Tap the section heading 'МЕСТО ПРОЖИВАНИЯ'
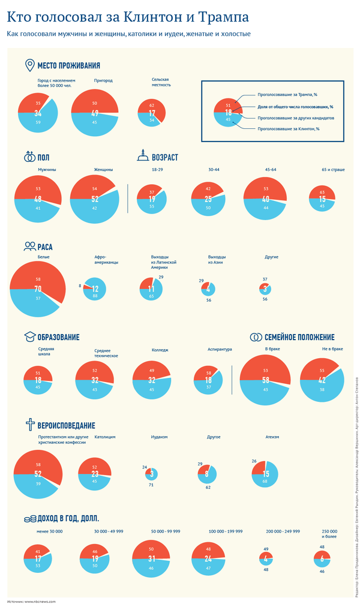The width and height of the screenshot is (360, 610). (x=68, y=66)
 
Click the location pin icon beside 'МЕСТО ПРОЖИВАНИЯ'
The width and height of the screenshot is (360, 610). (x=29, y=65)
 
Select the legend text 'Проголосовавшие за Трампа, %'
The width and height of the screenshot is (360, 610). (x=287, y=95)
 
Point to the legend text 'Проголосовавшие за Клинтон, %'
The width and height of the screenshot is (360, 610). (x=288, y=128)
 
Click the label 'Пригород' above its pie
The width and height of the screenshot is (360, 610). (x=103, y=80)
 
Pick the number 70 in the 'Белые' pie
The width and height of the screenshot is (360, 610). (x=38, y=289)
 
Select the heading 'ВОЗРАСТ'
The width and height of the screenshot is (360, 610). (x=165, y=158)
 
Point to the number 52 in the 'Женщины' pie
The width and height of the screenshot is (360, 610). (x=95, y=199)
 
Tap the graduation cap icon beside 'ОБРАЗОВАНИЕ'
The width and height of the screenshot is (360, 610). (x=29, y=336)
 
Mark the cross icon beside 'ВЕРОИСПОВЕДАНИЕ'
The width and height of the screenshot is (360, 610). (x=29, y=425)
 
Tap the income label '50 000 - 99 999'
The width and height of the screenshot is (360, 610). (x=166, y=531)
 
